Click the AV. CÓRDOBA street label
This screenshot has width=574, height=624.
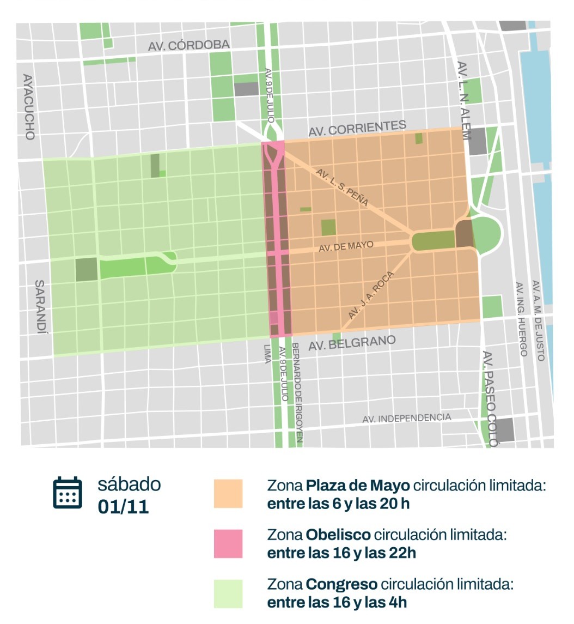point(189,45)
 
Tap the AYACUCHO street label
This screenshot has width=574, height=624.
point(29,107)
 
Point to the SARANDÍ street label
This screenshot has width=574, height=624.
point(40,308)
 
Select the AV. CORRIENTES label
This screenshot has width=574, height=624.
point(357,129)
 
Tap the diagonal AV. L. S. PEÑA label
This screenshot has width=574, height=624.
point(343,187)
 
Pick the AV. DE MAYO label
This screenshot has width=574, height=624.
point(346,246)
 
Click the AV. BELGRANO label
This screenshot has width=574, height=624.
point(352,343)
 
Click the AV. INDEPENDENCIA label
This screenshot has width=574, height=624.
point(407,418)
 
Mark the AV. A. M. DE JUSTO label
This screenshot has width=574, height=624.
point(538,320)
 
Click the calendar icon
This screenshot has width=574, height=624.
point(68,493)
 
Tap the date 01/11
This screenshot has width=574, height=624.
point(123,507)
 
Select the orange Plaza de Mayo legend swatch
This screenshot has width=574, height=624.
point(228,494)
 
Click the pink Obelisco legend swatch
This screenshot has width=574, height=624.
point(228,543)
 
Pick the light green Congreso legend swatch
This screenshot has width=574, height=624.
point(228,593)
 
